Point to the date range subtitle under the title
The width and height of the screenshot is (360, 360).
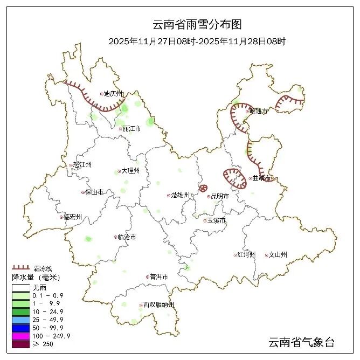coord(196,41)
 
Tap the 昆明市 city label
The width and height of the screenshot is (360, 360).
coord(219,197)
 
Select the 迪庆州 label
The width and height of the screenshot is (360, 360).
coord(114,94)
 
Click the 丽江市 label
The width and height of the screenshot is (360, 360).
coord(131,129)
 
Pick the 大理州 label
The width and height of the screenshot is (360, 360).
coord(130,171)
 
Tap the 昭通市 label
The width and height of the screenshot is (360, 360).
coord(259,110)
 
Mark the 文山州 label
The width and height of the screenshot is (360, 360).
coord(278,255)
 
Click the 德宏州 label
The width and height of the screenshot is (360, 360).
coord(72,217)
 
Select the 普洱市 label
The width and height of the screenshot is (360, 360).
coord(158,277)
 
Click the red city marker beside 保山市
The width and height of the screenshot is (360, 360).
coord(82,192)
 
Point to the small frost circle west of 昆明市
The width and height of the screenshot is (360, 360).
coord(203,188)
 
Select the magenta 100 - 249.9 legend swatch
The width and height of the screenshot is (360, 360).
coord(21,336)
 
